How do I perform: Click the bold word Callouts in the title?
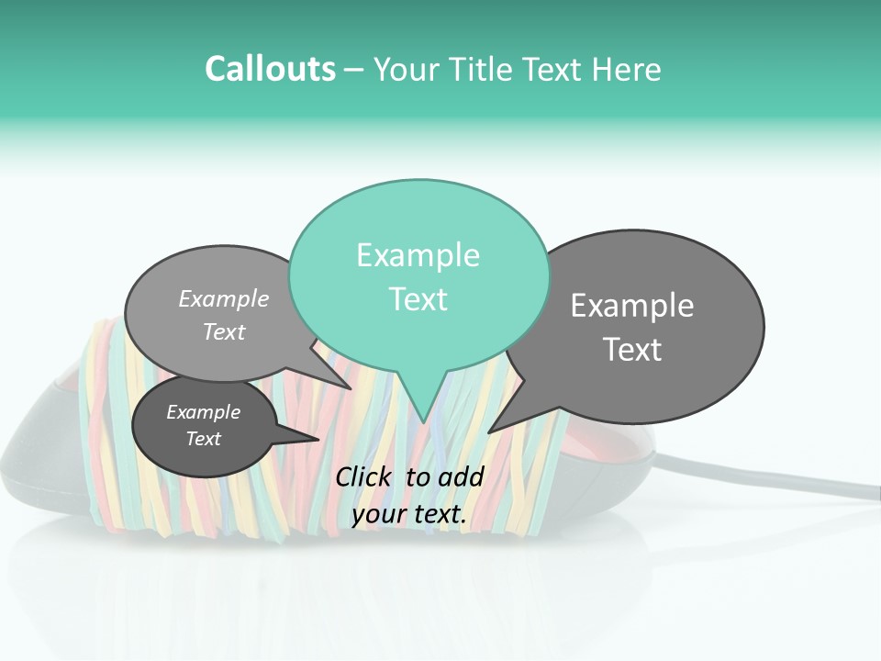[270, 69]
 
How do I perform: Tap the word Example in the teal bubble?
[418, 255]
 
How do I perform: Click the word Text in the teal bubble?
[418, 299]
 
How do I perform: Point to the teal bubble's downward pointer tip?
[423, 421]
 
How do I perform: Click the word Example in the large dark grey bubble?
[632, 306]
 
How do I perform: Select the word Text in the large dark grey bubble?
[632, 350]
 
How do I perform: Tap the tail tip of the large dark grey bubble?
[490, 431]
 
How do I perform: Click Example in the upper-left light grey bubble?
[224, 298]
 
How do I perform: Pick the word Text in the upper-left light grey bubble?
[224, 331]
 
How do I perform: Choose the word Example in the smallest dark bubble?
[203, 412]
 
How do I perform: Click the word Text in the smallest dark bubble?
[203, 439]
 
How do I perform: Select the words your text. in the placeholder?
[409, 515]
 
